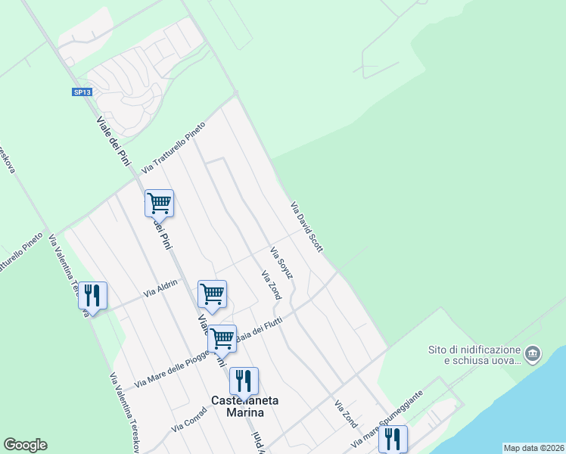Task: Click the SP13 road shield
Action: click(82, 92)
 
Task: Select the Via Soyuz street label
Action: click(282, 263)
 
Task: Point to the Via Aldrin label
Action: click(161, 288)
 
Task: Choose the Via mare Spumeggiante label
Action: click(385, 419)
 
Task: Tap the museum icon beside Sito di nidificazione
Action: click(533, 353)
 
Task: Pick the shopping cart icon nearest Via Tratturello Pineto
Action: click(159, 204)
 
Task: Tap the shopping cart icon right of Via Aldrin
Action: click(212, 294)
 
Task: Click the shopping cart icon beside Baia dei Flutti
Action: click(222, 338)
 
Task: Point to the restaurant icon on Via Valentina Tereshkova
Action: click(92, 295)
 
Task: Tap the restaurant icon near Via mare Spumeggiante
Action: click(393, 437)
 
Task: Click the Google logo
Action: click(25, 445)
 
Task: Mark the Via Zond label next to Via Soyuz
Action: click(271, 285)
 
